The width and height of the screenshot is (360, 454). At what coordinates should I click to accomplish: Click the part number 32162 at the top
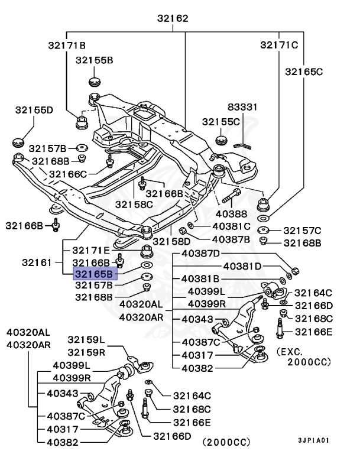click(173, 18)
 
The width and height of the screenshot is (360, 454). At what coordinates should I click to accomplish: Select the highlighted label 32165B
click(95, 274)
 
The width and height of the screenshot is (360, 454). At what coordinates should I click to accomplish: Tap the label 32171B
click(67, 45)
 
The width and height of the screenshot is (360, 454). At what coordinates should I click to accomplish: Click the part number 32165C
click(304, 72)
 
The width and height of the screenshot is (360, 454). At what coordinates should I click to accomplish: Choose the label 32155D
click(34, 109)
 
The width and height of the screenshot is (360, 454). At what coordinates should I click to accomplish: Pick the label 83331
click(243, 107)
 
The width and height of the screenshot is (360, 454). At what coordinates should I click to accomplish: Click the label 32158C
click(134, 204)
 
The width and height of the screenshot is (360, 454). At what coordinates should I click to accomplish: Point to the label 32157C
click(302, 230)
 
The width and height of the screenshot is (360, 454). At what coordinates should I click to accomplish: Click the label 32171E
click(91, 251)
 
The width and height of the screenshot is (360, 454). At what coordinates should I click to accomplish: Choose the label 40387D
click(201, 254)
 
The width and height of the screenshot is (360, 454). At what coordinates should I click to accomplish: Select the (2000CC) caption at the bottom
click(226, 442)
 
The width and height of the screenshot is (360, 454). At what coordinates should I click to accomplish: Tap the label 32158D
click(172, 241)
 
